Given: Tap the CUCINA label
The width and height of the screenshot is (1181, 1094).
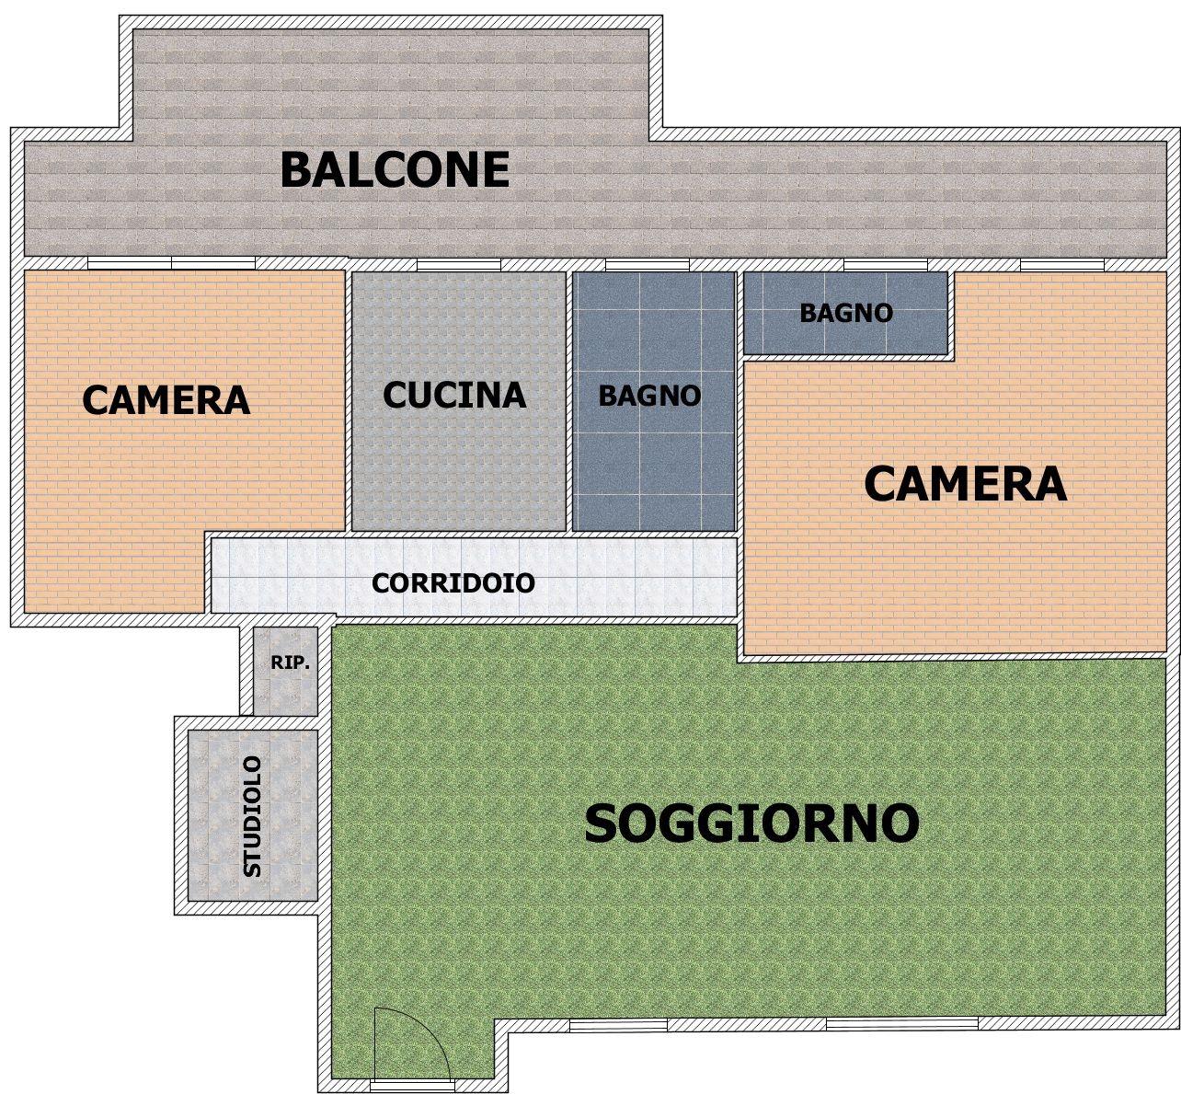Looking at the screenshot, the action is point(455,395).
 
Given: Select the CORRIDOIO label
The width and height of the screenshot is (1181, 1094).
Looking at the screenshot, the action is point(453,583).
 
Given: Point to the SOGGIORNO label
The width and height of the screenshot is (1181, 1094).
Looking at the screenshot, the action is point(752,823).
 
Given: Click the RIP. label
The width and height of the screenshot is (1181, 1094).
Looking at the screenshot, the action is point(291,662).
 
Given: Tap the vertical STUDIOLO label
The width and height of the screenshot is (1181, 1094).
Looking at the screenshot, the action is point(252,817).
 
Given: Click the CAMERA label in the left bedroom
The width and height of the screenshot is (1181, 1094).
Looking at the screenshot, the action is point(166,399).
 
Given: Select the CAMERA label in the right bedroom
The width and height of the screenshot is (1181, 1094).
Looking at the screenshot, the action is point(966,484).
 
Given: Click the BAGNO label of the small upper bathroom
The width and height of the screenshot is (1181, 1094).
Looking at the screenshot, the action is point(846,313).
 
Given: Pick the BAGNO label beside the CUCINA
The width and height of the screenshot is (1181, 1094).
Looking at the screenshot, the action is point(649,396).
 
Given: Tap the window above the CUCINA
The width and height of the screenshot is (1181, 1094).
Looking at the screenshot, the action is point(458,265).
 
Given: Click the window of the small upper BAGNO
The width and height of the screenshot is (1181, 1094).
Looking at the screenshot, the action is point(886,265).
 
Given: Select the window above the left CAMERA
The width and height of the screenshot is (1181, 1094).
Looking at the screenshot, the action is point(171,263).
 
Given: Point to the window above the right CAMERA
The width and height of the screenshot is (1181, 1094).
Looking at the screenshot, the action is point(1062,265).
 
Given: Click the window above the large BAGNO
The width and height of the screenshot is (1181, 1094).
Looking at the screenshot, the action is point(647,265).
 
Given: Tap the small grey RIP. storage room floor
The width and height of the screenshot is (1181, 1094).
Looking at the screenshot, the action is point(285,690).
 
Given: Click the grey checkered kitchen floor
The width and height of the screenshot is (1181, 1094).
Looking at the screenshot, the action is point(458,464).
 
